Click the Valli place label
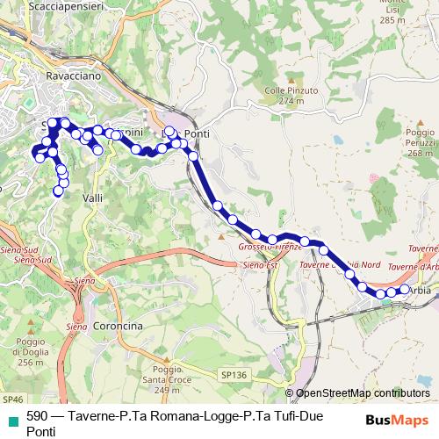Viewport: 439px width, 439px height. tap(93, 199)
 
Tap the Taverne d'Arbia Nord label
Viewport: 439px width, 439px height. tap(340, 264)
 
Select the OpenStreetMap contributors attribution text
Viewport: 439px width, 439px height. tap(363, 393)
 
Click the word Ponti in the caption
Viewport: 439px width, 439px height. tap(41, 431)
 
